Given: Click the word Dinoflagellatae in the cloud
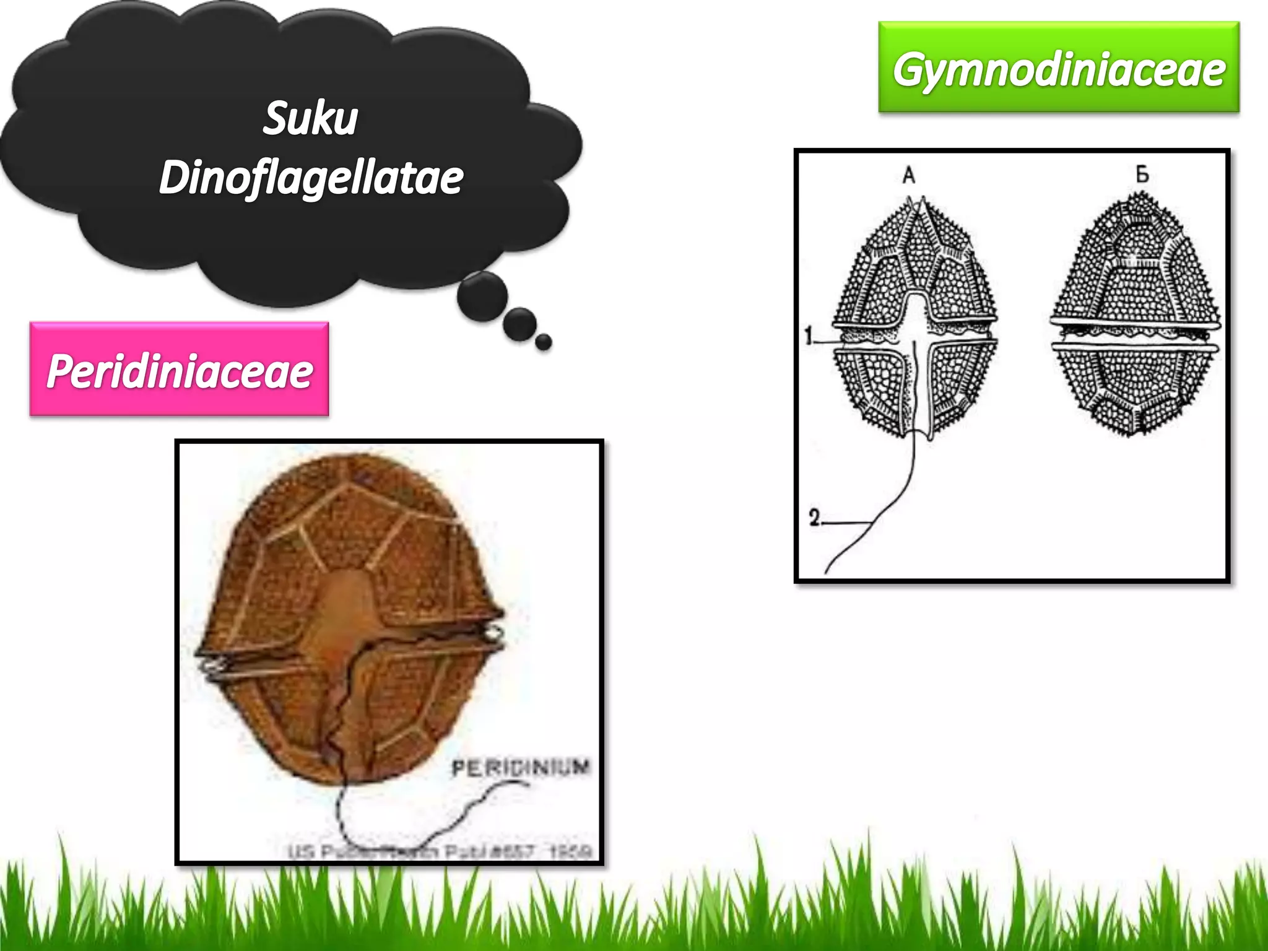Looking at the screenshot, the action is (x=311, y=178).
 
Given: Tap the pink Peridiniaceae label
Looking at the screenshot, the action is (x=180, y=370).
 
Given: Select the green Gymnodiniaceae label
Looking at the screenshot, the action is (x=1059, y=68).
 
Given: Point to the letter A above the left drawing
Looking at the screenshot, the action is (x=908, y=175).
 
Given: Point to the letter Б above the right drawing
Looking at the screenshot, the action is (x=1142, y=175).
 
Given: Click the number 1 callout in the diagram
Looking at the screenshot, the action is (x=809, y=336).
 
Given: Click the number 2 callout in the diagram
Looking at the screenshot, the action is (x=814, y=518).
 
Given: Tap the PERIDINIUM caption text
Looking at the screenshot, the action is (x=521, y=768).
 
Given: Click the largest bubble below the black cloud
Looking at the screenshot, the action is (x=482, y=296).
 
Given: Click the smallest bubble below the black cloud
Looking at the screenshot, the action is (x=544, y=342).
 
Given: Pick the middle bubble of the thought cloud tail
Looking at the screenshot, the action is (x=519, y=323).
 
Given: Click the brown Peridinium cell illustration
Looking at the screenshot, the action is (x=350, y=619).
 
